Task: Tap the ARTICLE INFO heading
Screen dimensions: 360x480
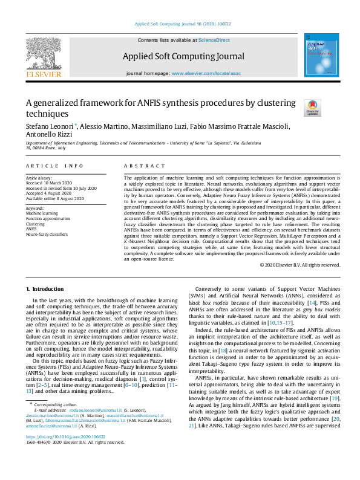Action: (55, 165)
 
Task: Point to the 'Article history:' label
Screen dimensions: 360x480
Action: (39, 178)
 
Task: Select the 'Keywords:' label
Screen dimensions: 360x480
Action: (36, 207)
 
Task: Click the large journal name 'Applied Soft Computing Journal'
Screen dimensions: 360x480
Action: (183, 57)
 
